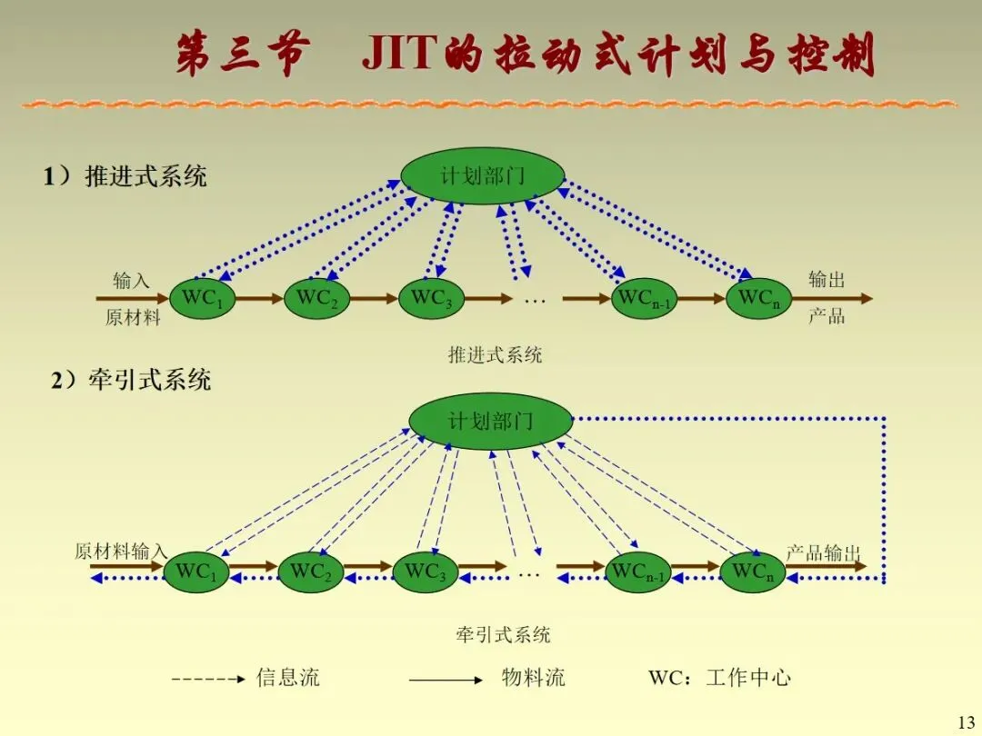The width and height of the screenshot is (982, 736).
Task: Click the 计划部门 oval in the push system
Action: [x=483, y=175]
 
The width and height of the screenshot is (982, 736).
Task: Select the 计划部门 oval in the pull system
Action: [x=490, y=421]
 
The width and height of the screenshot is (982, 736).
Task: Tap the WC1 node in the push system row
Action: [x=202, y=298]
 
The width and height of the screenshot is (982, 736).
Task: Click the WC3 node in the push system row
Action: [x=431, y=298]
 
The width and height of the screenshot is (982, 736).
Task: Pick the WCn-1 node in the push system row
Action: [x=644, y=299]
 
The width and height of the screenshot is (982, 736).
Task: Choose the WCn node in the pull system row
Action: [x=752, y=572]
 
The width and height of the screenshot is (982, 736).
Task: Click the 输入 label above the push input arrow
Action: [x=131, y=280]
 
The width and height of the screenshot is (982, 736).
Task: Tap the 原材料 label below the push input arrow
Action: [x=133, y=318]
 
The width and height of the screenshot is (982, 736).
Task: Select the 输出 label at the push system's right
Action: [x=827, y=279]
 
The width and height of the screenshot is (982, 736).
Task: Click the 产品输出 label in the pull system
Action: [x=823, y=552]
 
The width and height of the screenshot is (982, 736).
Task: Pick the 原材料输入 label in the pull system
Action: [x=121, y=552]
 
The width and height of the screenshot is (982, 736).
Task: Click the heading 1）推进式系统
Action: [x=125, y=176]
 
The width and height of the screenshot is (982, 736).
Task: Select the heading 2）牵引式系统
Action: [x=131, y=379]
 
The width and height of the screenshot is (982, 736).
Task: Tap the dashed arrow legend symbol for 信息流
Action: [x=208, y=679]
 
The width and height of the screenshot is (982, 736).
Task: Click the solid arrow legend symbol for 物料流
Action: [x=446, y=679]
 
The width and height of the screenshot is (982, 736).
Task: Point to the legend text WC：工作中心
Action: [x=719, y=678]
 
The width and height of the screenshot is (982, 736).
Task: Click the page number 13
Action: [x=966, y=722]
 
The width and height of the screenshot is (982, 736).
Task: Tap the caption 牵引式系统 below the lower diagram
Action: [x=503, y=634]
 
